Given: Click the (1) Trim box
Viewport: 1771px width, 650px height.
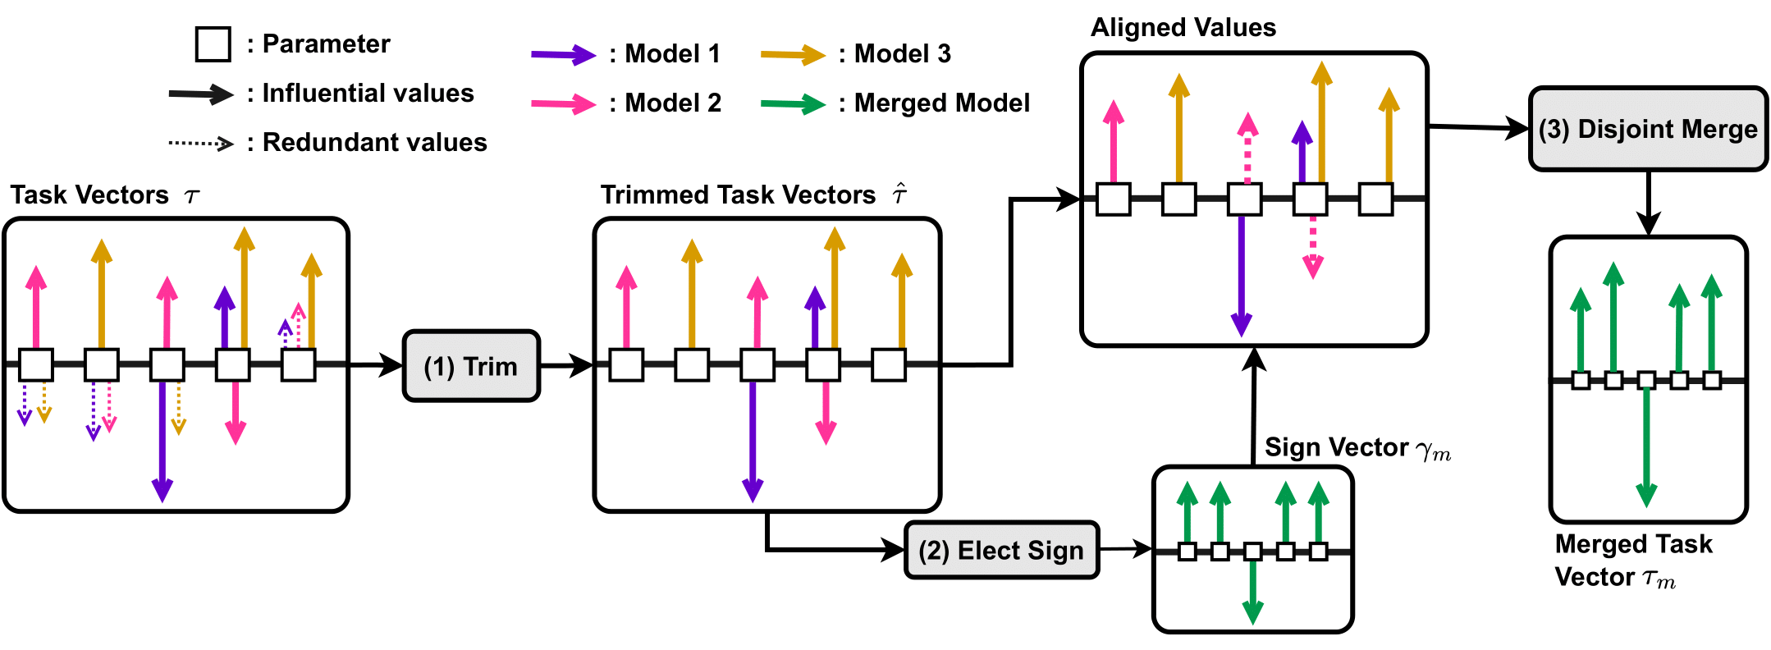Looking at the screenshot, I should pos(471,366).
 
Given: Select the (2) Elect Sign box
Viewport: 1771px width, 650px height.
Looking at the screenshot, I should pos(1001,550).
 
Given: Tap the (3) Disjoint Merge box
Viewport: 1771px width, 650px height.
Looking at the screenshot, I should pos(1648,129).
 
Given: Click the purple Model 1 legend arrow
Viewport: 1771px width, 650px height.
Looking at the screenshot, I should pos(563,55).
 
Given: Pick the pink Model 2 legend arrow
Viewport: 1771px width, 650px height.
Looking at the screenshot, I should pos(563,103).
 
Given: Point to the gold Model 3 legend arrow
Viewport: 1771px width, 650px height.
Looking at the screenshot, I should pos(793,55).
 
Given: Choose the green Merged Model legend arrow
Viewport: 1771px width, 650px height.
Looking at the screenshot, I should pos(793,103).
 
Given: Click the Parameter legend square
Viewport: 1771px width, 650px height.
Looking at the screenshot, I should pos(213,43).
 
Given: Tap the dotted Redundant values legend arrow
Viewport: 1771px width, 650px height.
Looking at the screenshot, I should pos(201,143).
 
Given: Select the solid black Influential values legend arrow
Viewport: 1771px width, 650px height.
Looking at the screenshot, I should pos(201,94).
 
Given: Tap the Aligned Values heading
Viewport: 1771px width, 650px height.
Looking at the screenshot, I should pos(1183,28).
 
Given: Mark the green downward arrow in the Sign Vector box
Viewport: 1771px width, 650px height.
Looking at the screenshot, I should pos(1252,591).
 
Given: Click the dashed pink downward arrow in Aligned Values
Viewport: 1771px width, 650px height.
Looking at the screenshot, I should pos(1313,246).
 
